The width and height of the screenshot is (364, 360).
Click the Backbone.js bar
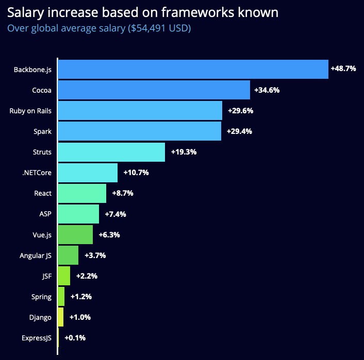pyautogui.click(x=193, y=69)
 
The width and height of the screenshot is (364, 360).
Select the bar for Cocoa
pyautogui.click(x=154, y=90)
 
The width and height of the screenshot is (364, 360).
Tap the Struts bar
pyautogui.click(x=111, y=152)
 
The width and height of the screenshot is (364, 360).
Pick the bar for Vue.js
pyautogui.click(x=75, y=234)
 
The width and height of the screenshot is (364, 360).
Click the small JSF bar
pyautogui.click(x=64, y=276)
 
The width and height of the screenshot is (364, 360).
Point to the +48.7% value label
pyautogui.click(x=343, y=68)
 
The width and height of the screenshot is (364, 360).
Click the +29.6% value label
pyautogui.click(x=240, y=110)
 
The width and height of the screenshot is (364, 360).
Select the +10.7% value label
pyautogui.click(x=136, y=173)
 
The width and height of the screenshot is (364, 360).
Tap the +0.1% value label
pyautogui.click(x=75, y=338)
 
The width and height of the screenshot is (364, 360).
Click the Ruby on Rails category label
pyautogui.click(x=30, y=111)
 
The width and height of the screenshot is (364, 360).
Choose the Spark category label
pyautogui.click(x=43, y=131)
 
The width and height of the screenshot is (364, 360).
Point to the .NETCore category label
pyautogui.click(x=37, y=173)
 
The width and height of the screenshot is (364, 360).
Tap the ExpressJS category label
pyautogui.click(x=36, y=338)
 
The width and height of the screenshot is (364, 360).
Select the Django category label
pyautogui.click(x=41, y=317)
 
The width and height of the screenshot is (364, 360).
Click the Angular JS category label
pyautogui.click(x=36, y=255)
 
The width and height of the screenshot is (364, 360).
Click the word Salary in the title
pyautogui.click(x=26, y=12)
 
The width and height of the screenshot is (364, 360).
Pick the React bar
pyautogui.click(x=82, y=193)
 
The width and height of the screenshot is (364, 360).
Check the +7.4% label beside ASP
pyautogui.click(x=115, y=214)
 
